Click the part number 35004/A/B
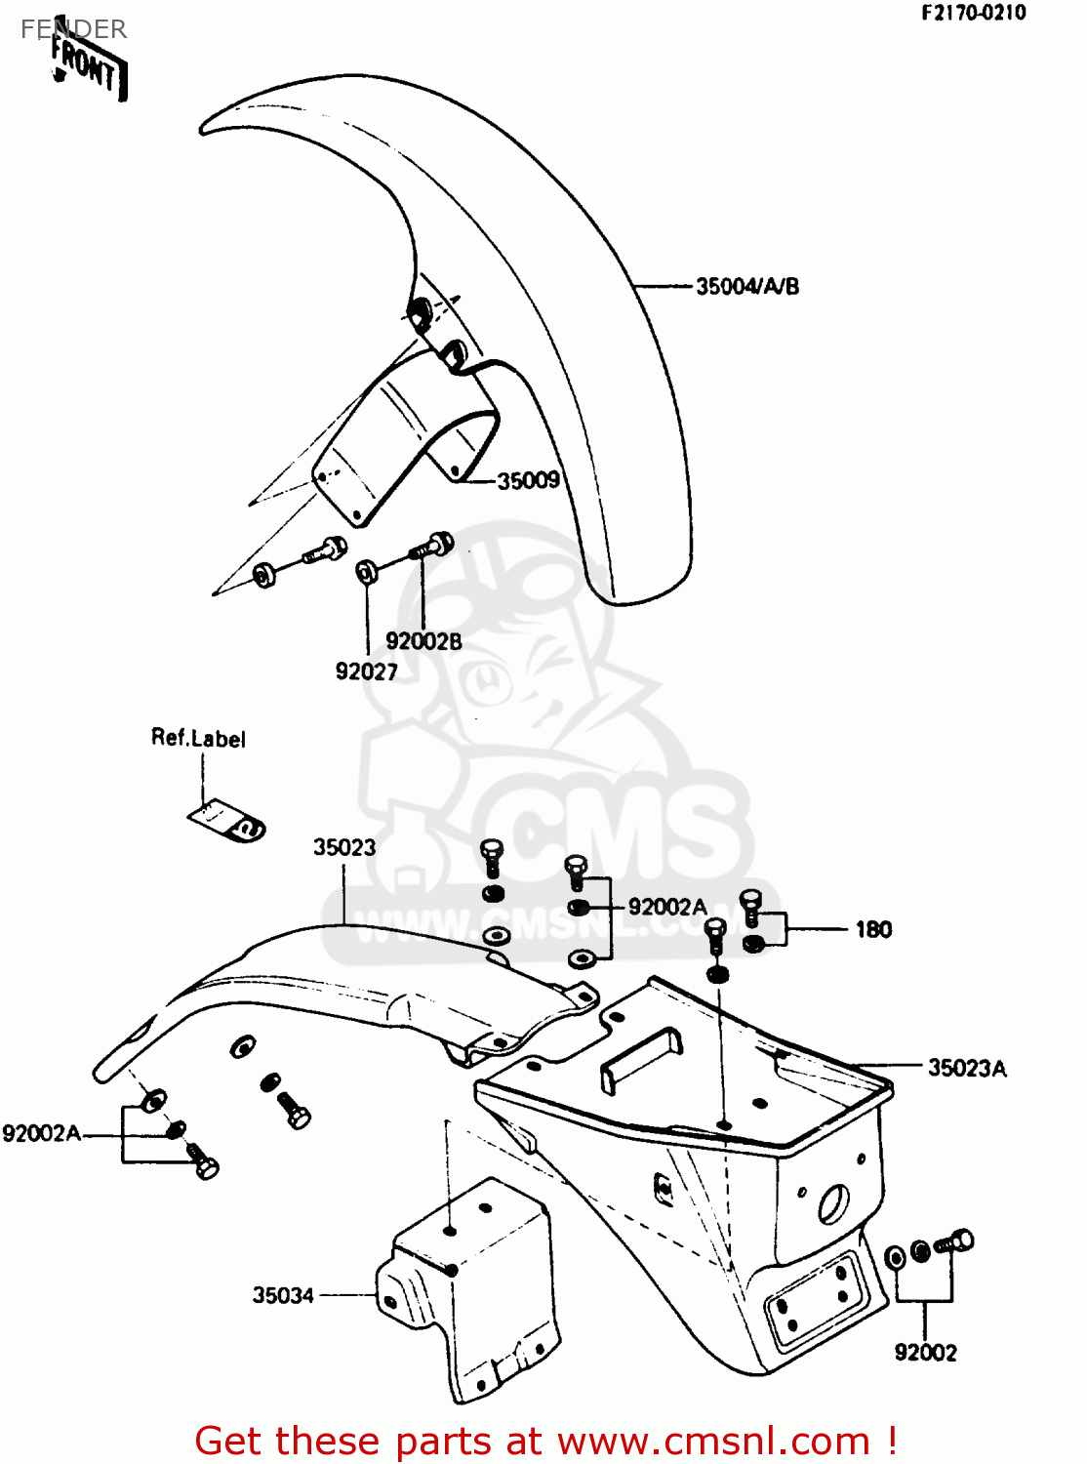(x=747, y=287)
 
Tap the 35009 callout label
(x=528, y=480)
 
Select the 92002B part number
(x=423, y=641)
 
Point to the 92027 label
(x=366, y=671)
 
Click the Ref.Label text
(x=198, y=738)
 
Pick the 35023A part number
(x=967, y=1068)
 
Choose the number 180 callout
(x=874, y=929)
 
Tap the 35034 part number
(x=283, y=1295)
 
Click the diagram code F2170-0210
(x=974, y=13)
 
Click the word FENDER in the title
(x=73, y=28)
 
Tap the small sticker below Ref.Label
(x=226, y=822)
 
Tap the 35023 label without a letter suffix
(x=343, y=847)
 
